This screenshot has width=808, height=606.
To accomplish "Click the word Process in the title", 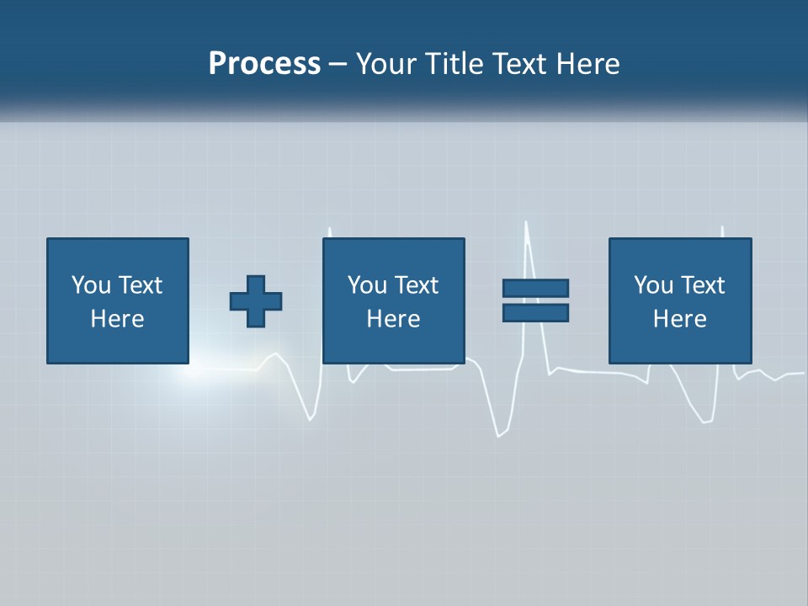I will pos(264,64).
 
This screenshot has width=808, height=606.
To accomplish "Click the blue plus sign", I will pos(256,301).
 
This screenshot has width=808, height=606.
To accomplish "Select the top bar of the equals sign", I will pos(535,288).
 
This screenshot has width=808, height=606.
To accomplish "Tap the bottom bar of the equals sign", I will pos(535,312).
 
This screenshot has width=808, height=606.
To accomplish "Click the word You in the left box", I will pos(91,285).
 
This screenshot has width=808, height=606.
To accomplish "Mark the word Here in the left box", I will pos(117,319).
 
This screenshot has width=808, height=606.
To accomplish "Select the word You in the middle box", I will pos(367,285).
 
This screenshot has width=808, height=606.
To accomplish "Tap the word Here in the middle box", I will pos(393,319).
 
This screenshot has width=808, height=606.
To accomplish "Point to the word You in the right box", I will pos(653,285).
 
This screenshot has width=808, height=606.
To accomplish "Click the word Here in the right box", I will pos(679,319).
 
